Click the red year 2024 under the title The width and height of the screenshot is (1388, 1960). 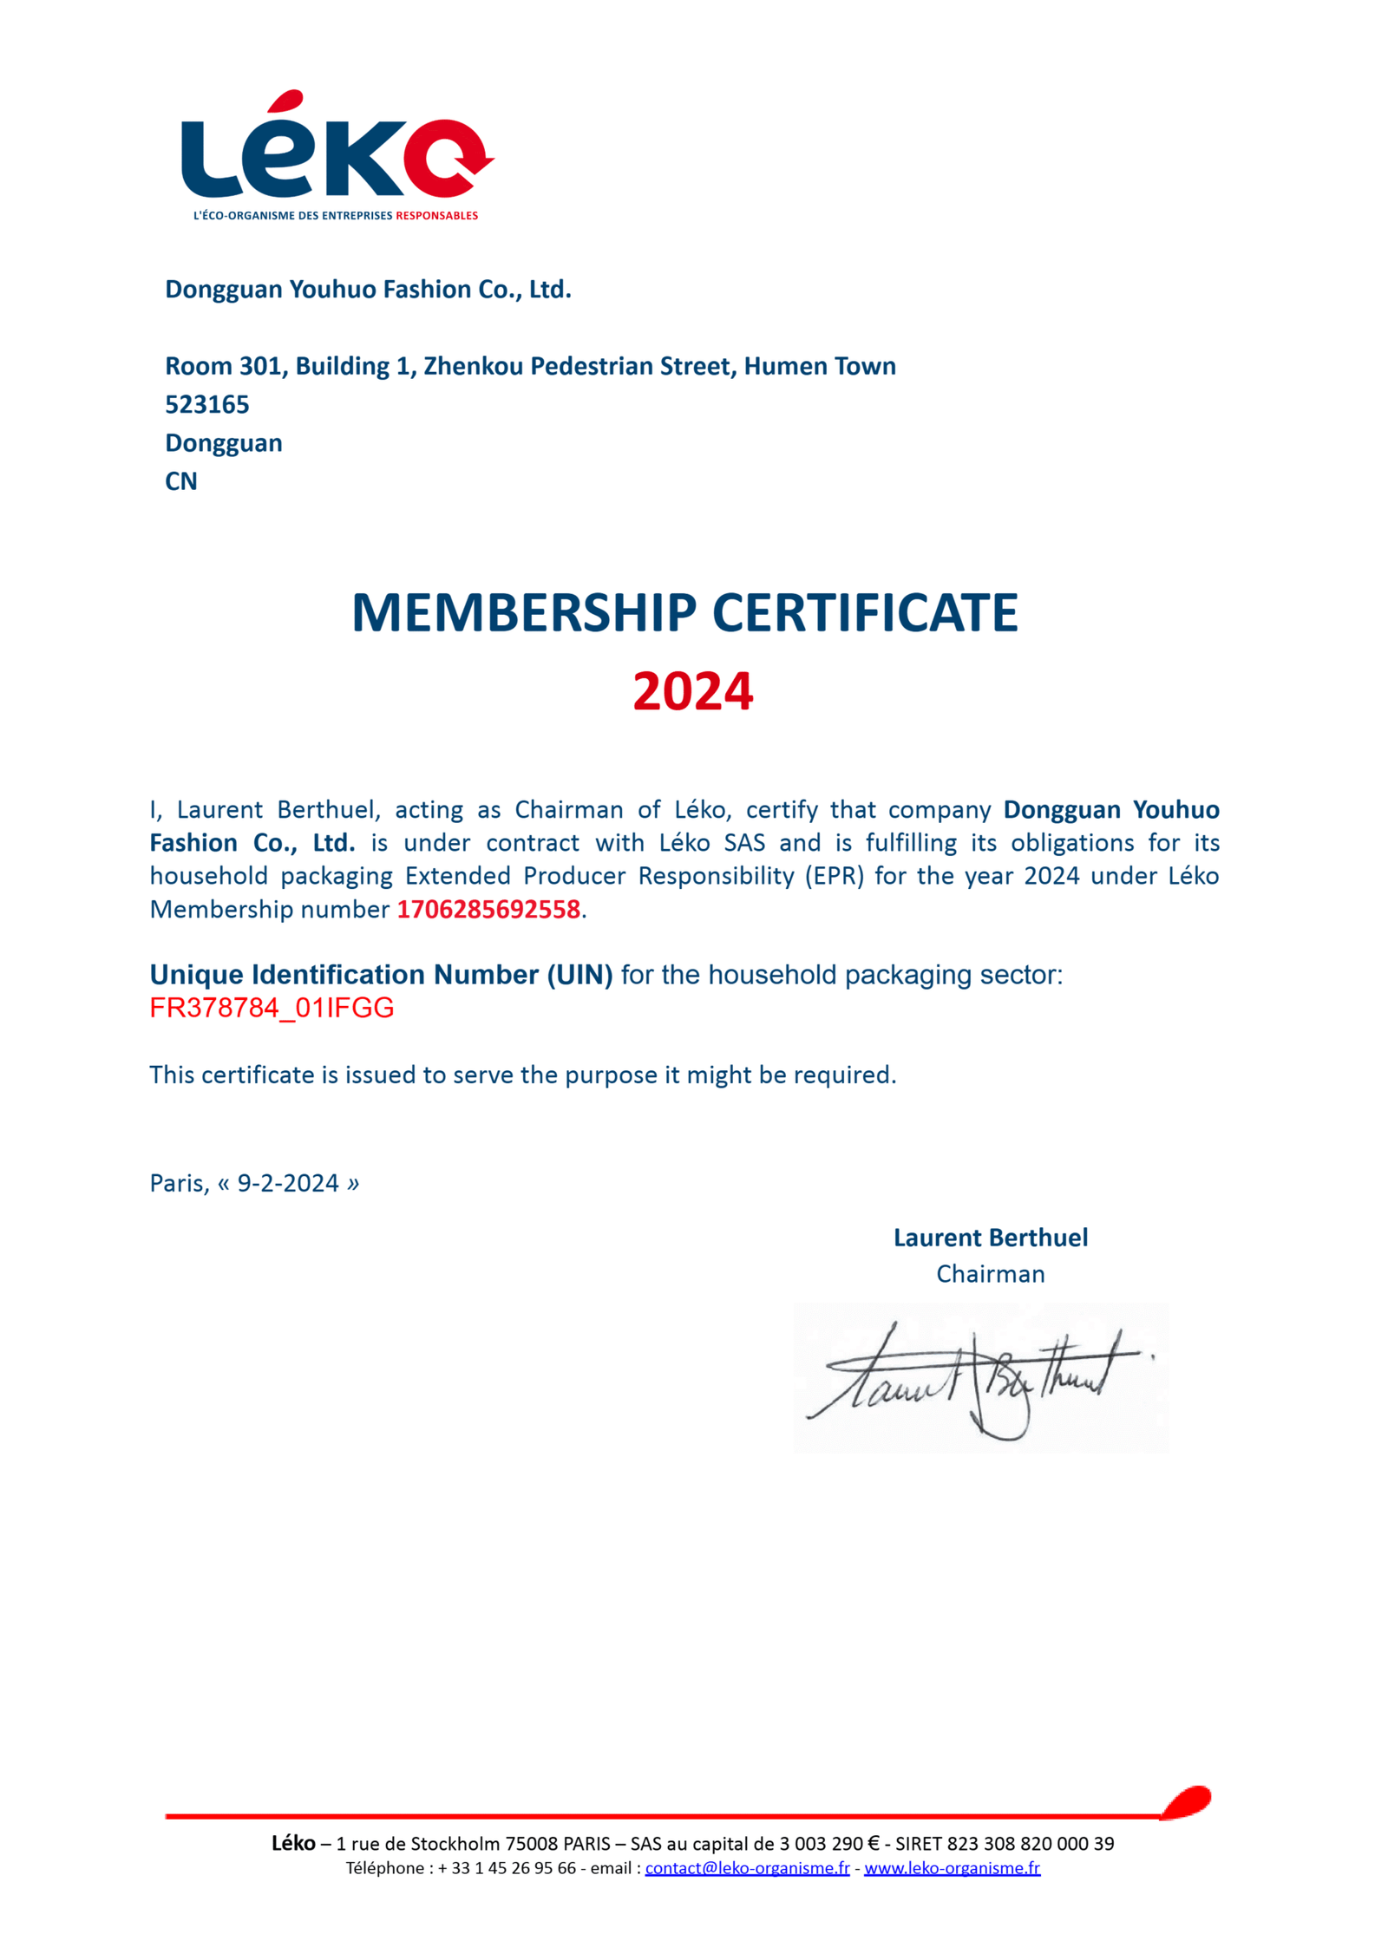692,692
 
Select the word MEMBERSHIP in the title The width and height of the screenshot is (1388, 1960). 524,613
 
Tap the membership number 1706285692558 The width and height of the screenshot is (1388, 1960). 488,909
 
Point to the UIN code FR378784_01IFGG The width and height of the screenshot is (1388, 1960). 272,1008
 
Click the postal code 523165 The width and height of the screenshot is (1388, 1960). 207,404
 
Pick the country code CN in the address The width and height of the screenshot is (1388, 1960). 181,481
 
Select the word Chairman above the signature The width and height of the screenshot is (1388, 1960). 990,1274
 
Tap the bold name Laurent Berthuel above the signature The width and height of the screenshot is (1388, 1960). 990,1238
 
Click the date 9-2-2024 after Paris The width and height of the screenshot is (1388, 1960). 288,1183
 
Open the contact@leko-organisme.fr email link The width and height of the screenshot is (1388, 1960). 747,1868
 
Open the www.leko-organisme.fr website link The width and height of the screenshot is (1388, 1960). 952,1868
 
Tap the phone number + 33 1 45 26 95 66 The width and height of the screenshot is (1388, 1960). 507,1868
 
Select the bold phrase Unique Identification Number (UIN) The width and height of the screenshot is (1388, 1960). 381,975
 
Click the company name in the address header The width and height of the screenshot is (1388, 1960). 368,289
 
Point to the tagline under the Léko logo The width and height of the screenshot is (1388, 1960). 336,215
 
